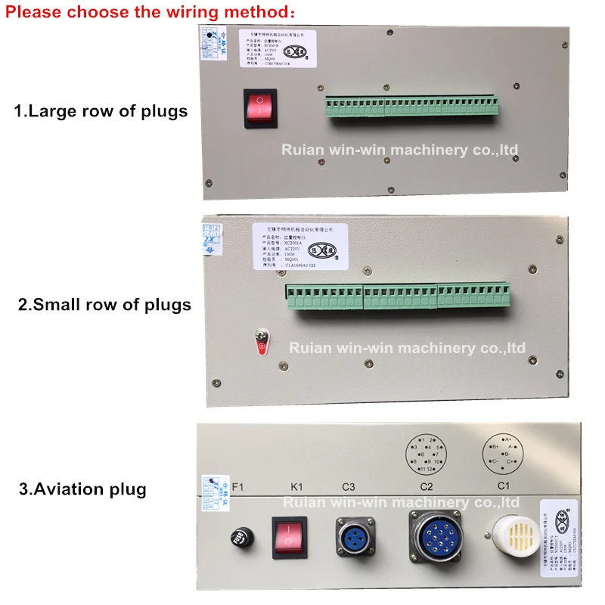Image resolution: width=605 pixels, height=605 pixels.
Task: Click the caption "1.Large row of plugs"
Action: (x=101, y=111)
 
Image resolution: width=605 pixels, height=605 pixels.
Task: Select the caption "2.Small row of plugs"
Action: (x=104, y=305)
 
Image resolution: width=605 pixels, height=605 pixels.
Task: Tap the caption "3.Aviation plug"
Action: (x=82, y=489)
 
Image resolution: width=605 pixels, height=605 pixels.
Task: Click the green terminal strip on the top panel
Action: (x=411, y=107)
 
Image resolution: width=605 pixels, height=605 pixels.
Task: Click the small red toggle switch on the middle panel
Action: (x=262, y=344)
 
